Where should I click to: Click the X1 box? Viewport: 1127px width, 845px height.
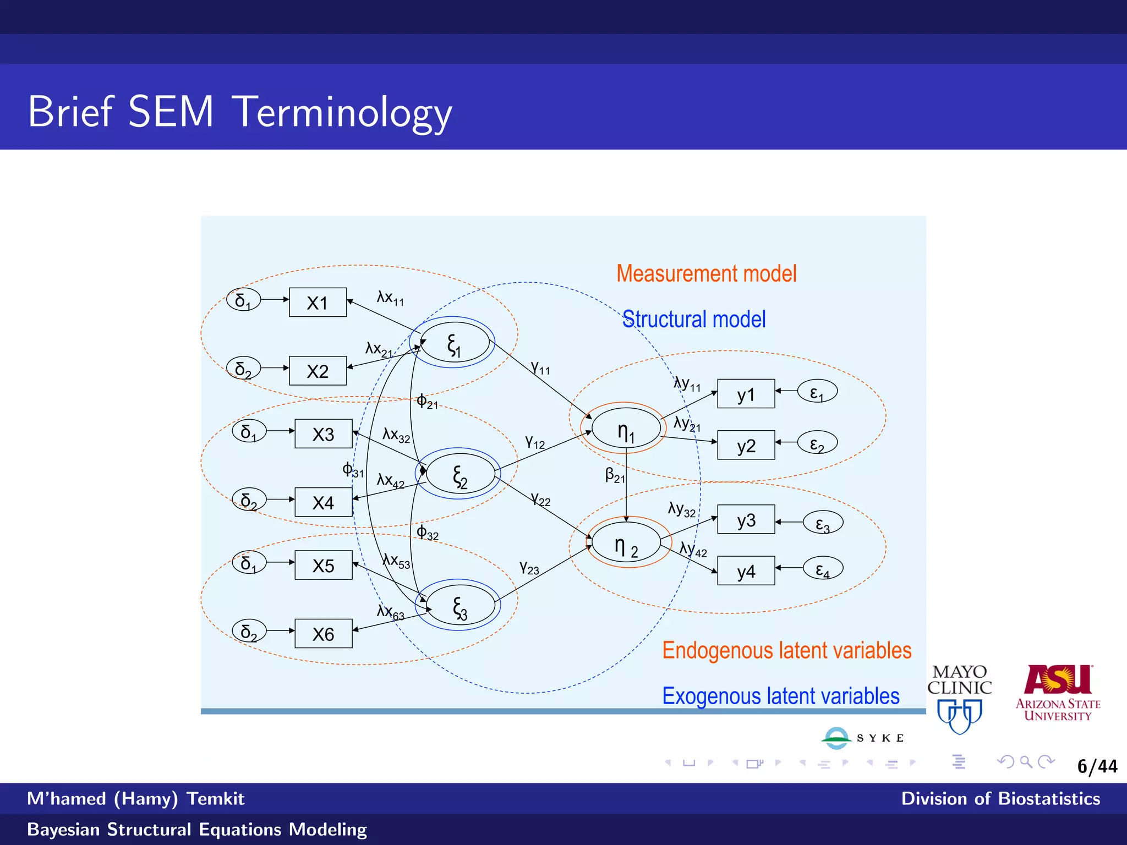[318, 302]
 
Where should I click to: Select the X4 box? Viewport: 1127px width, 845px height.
[323, 502]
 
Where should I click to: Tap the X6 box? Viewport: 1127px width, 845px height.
[323, 634]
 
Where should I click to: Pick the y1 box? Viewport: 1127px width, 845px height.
[746, 394]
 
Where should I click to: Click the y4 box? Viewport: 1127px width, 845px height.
[746, 571]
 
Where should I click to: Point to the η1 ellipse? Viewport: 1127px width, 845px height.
[626, 429]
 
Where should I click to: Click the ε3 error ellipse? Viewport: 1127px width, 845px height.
[823, 523]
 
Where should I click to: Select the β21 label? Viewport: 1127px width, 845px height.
[615, 475]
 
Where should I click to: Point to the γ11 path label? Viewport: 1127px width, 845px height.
[540, 367]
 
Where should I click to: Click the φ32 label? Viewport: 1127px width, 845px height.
[427, 532]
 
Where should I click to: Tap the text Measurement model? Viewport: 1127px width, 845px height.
[706, 273]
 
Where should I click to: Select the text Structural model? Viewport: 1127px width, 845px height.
[693, 319]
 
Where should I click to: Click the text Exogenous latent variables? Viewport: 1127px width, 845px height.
[780, 696]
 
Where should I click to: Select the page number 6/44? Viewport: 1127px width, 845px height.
[1097, 766]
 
